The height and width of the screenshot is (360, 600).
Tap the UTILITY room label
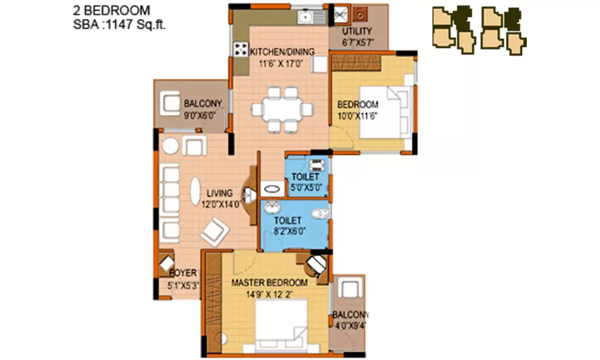tap(357, 31)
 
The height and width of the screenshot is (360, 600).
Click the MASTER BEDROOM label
tap(269, 282)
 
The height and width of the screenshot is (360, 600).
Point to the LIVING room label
tap(219, 193)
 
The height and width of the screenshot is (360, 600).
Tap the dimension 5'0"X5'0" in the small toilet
tap(307, 187)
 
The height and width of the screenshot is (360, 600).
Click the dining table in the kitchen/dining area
tap(282, 109)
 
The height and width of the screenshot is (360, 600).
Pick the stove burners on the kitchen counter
tap(242, 49)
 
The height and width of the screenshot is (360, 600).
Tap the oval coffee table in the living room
tap(196, 193)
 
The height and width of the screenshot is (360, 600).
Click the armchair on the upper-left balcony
tap(171, 106)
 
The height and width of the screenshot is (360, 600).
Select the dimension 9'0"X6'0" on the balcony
tap(199, 115)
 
